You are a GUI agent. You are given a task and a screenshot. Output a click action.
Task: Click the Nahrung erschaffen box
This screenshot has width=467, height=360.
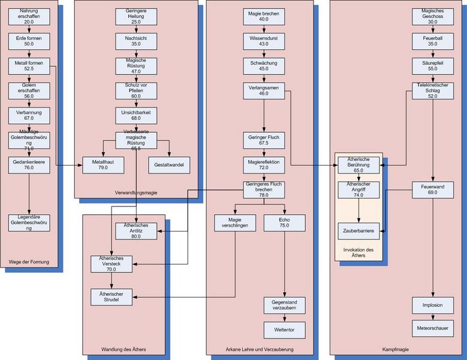[x=29, y=16]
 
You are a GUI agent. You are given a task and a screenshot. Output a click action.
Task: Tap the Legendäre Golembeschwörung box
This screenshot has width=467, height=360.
[x=29, y=223]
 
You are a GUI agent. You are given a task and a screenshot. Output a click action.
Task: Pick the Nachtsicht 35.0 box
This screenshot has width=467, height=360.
[x=135, y=41]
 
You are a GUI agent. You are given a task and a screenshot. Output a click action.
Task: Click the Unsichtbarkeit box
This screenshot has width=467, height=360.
[x=135, y=115]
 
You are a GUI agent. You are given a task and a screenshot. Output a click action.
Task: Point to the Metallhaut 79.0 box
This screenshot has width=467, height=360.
[x=104, y=164]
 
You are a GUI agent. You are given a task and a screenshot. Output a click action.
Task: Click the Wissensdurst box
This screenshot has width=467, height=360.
[x=263, y=41]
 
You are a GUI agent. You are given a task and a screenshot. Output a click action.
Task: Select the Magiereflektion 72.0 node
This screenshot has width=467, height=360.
[x=263, y=164]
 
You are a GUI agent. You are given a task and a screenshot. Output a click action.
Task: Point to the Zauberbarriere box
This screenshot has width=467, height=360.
[x=358, y=230]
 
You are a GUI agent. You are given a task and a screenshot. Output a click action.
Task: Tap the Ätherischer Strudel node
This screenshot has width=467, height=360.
[x=112, y=296]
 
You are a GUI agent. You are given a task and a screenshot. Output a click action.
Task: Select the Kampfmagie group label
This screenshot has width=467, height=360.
[x=396, y=349]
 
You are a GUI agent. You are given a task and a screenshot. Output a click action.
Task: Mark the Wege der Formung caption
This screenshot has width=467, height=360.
[x=29, y=262]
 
